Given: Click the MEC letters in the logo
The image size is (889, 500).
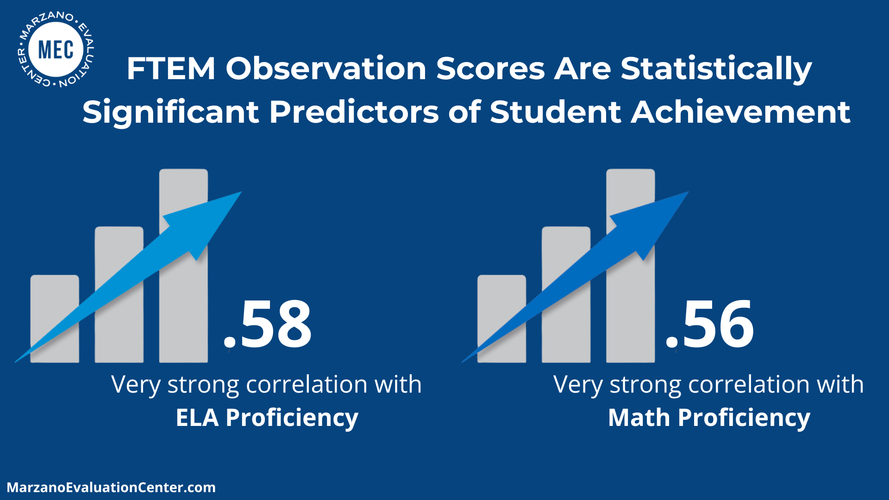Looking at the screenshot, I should pyautogui.click(x=56, y=50).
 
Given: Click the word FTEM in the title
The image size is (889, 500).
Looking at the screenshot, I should pyautogui.click(x=171, y=69).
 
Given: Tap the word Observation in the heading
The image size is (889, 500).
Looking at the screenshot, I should pyautogui.click(x=326, y=69).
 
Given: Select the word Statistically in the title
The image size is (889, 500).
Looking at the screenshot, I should pyautogui.click(x=716, y=69).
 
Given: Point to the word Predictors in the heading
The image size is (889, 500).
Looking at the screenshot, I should pyautogui.click(x=354, y=112).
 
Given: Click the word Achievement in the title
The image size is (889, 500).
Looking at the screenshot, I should pyautogui.click(x=740, y=112).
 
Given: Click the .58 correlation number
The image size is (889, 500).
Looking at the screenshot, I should pyautogui.click(x=268, y=324).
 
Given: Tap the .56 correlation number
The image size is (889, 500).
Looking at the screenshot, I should pyautogui.click(x=710, y=324).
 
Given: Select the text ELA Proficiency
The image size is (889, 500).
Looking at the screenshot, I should pyautogui.click(x=267, y=418).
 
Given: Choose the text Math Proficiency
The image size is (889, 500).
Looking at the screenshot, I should pyautogui.click(x=709, y=418).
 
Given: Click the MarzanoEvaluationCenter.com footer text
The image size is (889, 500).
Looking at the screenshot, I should pyautogui.click(x=111, y=487).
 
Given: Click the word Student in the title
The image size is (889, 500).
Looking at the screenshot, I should pyautogui.click(x=555, y=112).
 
